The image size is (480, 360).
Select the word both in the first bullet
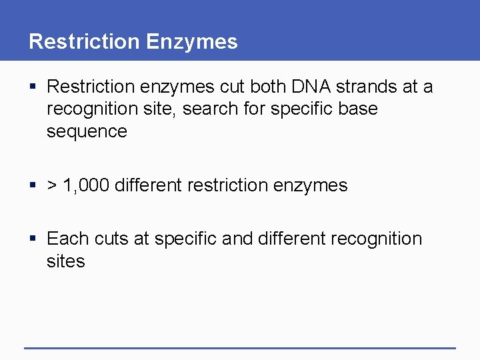(267, 87)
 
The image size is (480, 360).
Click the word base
(358, 109)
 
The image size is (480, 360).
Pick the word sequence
(87, 131)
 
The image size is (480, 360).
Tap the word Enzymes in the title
(192, 41)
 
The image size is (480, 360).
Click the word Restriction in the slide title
(85, 41)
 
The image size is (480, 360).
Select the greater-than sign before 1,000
(51, 185)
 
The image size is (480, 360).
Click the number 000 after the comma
(93, 185)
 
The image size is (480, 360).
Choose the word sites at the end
(66, 261)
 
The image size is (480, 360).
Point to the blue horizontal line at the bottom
(240, 348)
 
